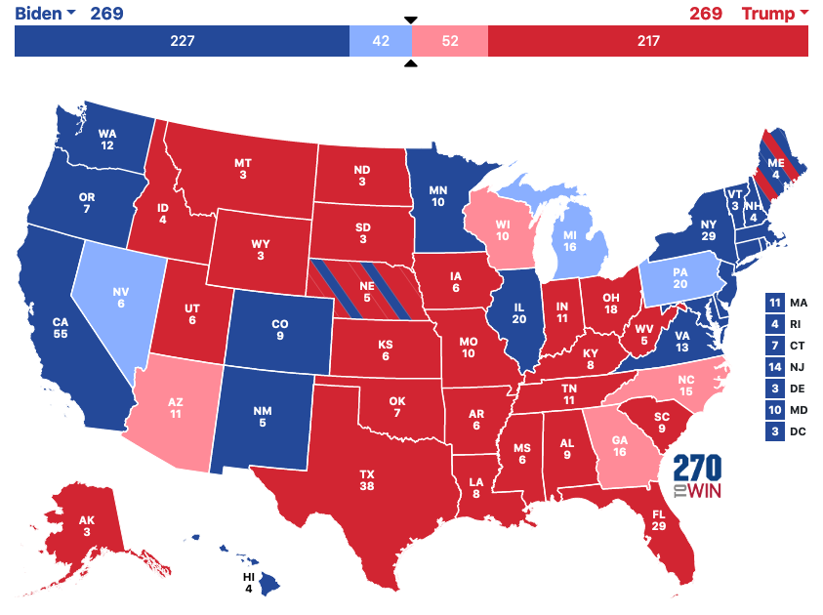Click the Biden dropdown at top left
pos(44,14)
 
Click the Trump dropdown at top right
pos(775,14)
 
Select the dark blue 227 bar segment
pos(182,41)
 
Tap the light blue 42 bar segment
pos(380,41)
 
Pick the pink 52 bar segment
pos(449,41)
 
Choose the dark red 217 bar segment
pos(647,41)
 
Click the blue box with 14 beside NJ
pos(775,367)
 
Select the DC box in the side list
pos(775,431)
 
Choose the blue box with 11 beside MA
pos(775,304)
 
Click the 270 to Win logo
pos(699,477)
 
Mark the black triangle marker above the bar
pos(410,20)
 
